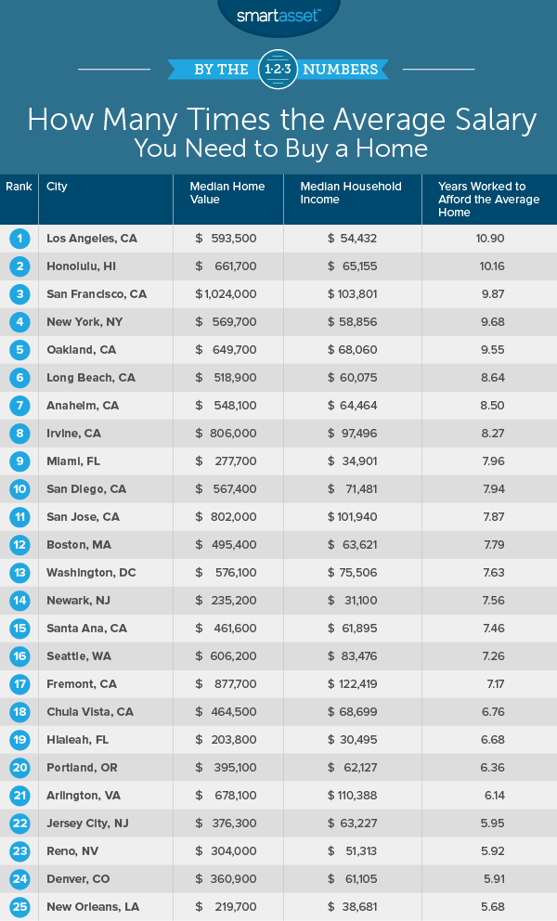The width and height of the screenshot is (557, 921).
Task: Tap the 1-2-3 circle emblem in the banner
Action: click(x=278, y=69)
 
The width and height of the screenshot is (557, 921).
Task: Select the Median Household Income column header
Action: click(x=351, y=192)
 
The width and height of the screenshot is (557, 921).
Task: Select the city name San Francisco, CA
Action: click(x=97, y=294)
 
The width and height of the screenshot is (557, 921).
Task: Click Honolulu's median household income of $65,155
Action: click(x=352, y=266)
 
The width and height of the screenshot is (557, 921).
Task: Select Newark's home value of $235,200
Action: click(x=226, y=601)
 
